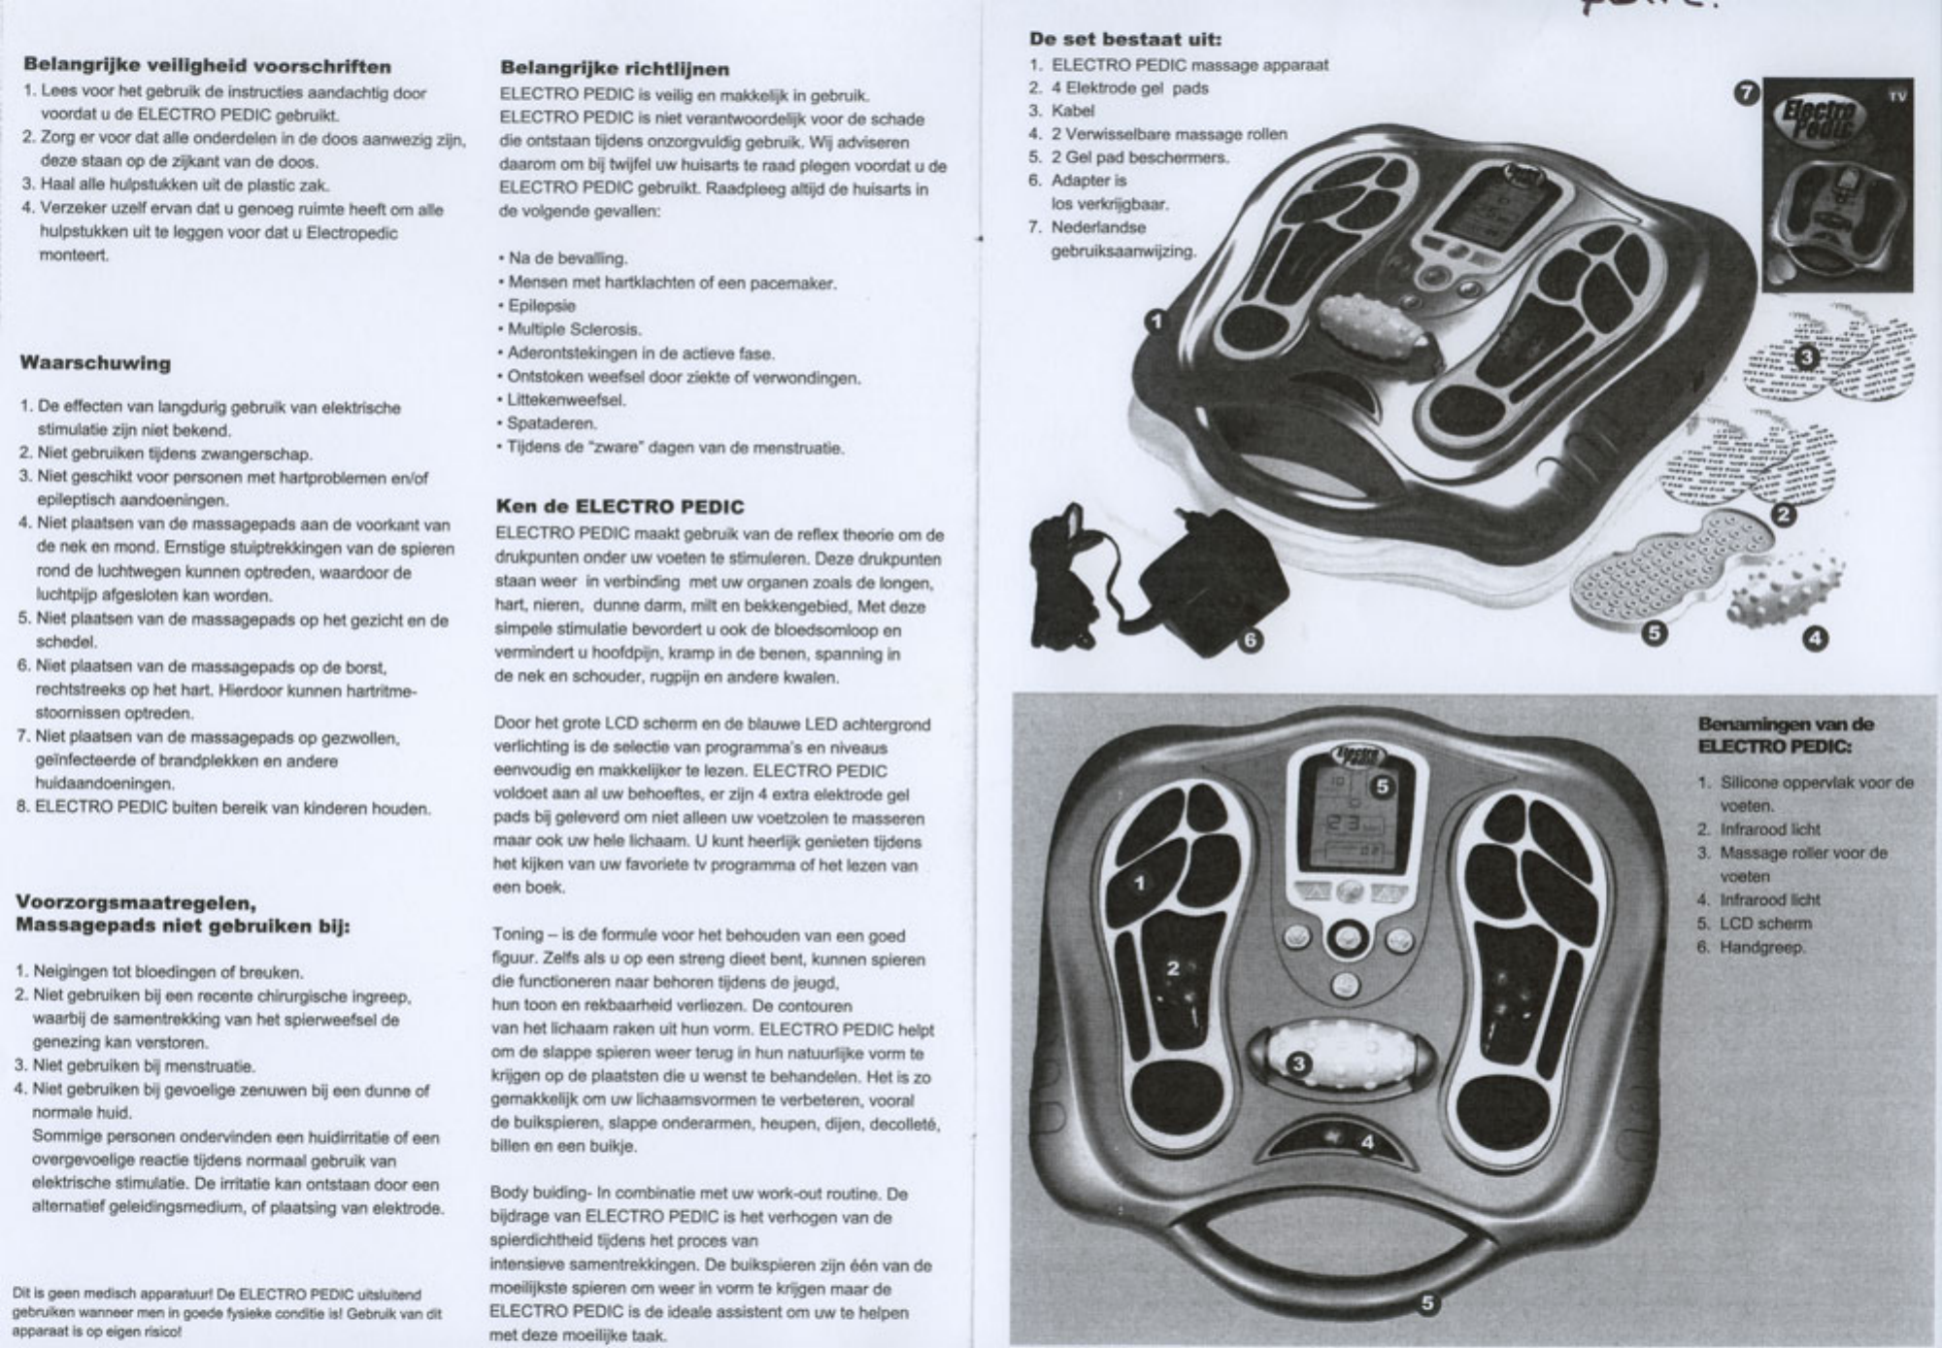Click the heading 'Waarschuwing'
95,364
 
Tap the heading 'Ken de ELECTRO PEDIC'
619,507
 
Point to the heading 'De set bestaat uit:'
1124,40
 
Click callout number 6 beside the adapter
1252,641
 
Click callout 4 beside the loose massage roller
1816,638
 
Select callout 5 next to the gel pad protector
1655,634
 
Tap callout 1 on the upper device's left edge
1155,321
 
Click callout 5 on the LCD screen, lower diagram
1383,787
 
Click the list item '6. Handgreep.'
1751,948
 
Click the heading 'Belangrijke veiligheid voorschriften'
207,67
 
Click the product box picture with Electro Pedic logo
1836,185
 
